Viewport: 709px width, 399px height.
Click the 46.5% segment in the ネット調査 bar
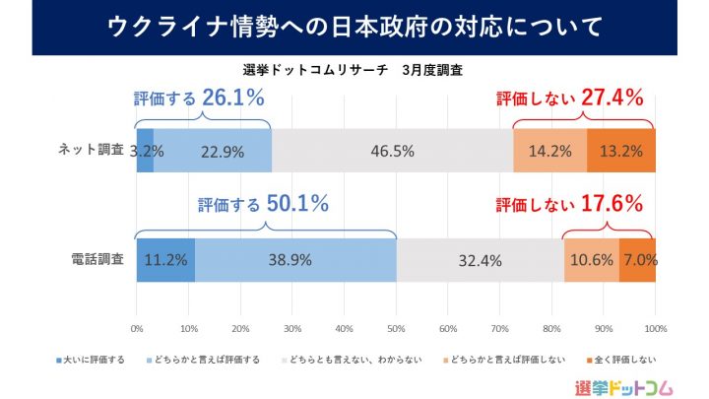[x=392, y=151]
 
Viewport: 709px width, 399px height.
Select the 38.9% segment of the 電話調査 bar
[x=295, y=261]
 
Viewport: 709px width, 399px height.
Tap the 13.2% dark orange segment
[x=620, y=151]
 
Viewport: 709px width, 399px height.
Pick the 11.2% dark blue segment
[x=165, y=261]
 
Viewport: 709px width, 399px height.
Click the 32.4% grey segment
[x=480, y=261]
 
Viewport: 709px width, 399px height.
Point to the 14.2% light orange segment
[x=550, y=151]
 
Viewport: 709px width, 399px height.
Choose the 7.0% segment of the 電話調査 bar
[x=637, y=261]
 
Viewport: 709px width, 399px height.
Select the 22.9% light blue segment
[x=212, y=151]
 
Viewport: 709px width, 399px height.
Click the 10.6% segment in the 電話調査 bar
[x=591, y=261]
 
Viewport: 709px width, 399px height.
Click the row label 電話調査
[x=96, y=260]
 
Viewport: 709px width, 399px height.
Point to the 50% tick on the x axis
[x=396, y=328]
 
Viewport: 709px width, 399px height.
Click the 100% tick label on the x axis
[x=655, y=328]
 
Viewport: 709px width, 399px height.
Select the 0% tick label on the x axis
[x=137, y=328]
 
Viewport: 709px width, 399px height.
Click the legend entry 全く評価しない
[x=622, y=359]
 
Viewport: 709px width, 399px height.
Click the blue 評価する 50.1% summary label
[x=263, y=205]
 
